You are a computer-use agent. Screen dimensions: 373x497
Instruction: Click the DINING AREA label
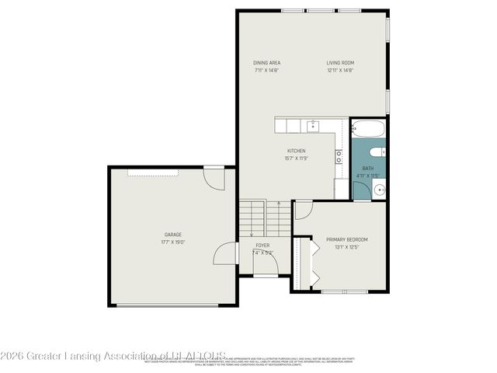(x=266, y=63)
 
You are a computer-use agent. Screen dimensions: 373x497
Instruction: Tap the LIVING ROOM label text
(x=340, y=63)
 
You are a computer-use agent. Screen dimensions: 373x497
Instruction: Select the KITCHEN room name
(x=297, y=151)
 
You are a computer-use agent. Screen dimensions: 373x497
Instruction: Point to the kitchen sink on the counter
(x=312, y=126)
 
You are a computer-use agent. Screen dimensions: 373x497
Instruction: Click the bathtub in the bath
(x=368, y=128)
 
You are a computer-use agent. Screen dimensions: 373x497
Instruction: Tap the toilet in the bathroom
(x=377, y=152)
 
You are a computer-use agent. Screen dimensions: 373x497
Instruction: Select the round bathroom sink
(x=379, y=190)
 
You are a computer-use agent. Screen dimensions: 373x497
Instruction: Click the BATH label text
(x=367, y=169)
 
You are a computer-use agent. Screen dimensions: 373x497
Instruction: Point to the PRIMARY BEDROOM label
(x=346, y=239)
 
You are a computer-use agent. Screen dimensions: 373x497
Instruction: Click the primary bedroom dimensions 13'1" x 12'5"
(x=346, y=247)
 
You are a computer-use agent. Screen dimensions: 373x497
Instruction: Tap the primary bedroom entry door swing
(x=303, y=209)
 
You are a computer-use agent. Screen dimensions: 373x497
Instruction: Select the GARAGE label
(x=172, y=234)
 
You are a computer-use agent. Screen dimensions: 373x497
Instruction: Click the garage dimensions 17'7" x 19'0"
(x=172, y=242)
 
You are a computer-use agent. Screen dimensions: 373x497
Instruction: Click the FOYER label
(x=263, y=245)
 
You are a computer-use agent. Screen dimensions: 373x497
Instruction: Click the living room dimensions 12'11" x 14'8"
(x=340, y=71)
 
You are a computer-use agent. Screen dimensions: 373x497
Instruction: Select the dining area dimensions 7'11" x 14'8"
(x=266, y=71)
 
